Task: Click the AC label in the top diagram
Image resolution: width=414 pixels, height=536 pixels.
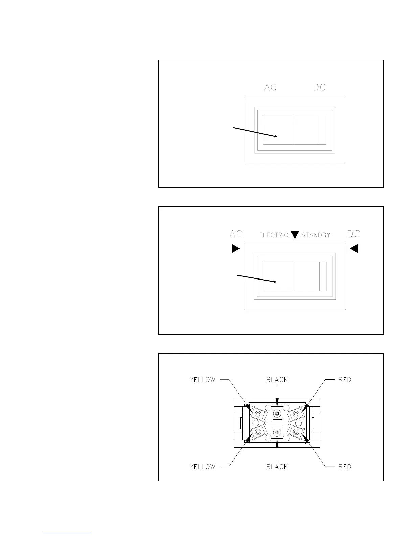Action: click(x=270, y=87)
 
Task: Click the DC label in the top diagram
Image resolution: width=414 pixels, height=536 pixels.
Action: click(x=319, y=87)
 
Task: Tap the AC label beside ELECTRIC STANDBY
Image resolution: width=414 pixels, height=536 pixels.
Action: click(x=236, y=234)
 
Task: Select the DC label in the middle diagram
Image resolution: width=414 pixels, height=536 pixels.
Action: click(x=354, y=234)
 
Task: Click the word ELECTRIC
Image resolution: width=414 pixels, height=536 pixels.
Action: click(x=274, y=235)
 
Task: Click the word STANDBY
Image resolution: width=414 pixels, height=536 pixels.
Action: click(x=316, y=235)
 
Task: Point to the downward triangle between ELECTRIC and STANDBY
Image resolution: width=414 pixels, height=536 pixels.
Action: click(x=295, y=234)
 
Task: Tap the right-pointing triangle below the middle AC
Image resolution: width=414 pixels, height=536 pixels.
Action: click(x=235, y=249)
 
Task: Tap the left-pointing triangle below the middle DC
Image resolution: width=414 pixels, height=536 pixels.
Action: click(x=354, y=249)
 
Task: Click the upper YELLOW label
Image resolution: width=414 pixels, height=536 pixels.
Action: click(x=203, y=380)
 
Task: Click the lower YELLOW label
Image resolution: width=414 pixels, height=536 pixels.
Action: click(x=203, y=467)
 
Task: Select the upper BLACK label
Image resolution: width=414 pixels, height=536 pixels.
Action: click(x=277, y=380)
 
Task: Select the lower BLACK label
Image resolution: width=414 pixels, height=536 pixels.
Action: click(x=277, y=467)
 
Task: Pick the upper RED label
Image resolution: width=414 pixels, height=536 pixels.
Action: click(x=345, y=380)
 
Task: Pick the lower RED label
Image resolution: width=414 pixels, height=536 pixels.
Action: click(x=345, y=467)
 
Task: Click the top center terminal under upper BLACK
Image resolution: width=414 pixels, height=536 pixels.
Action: click(x=277, y=413)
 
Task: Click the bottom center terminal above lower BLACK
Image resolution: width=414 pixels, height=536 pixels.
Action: click(x=277, y=432)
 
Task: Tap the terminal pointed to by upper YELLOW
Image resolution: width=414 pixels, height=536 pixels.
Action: click(x=258, y=414)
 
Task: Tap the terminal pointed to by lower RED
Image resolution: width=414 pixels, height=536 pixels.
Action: click(x=296, y=431)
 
